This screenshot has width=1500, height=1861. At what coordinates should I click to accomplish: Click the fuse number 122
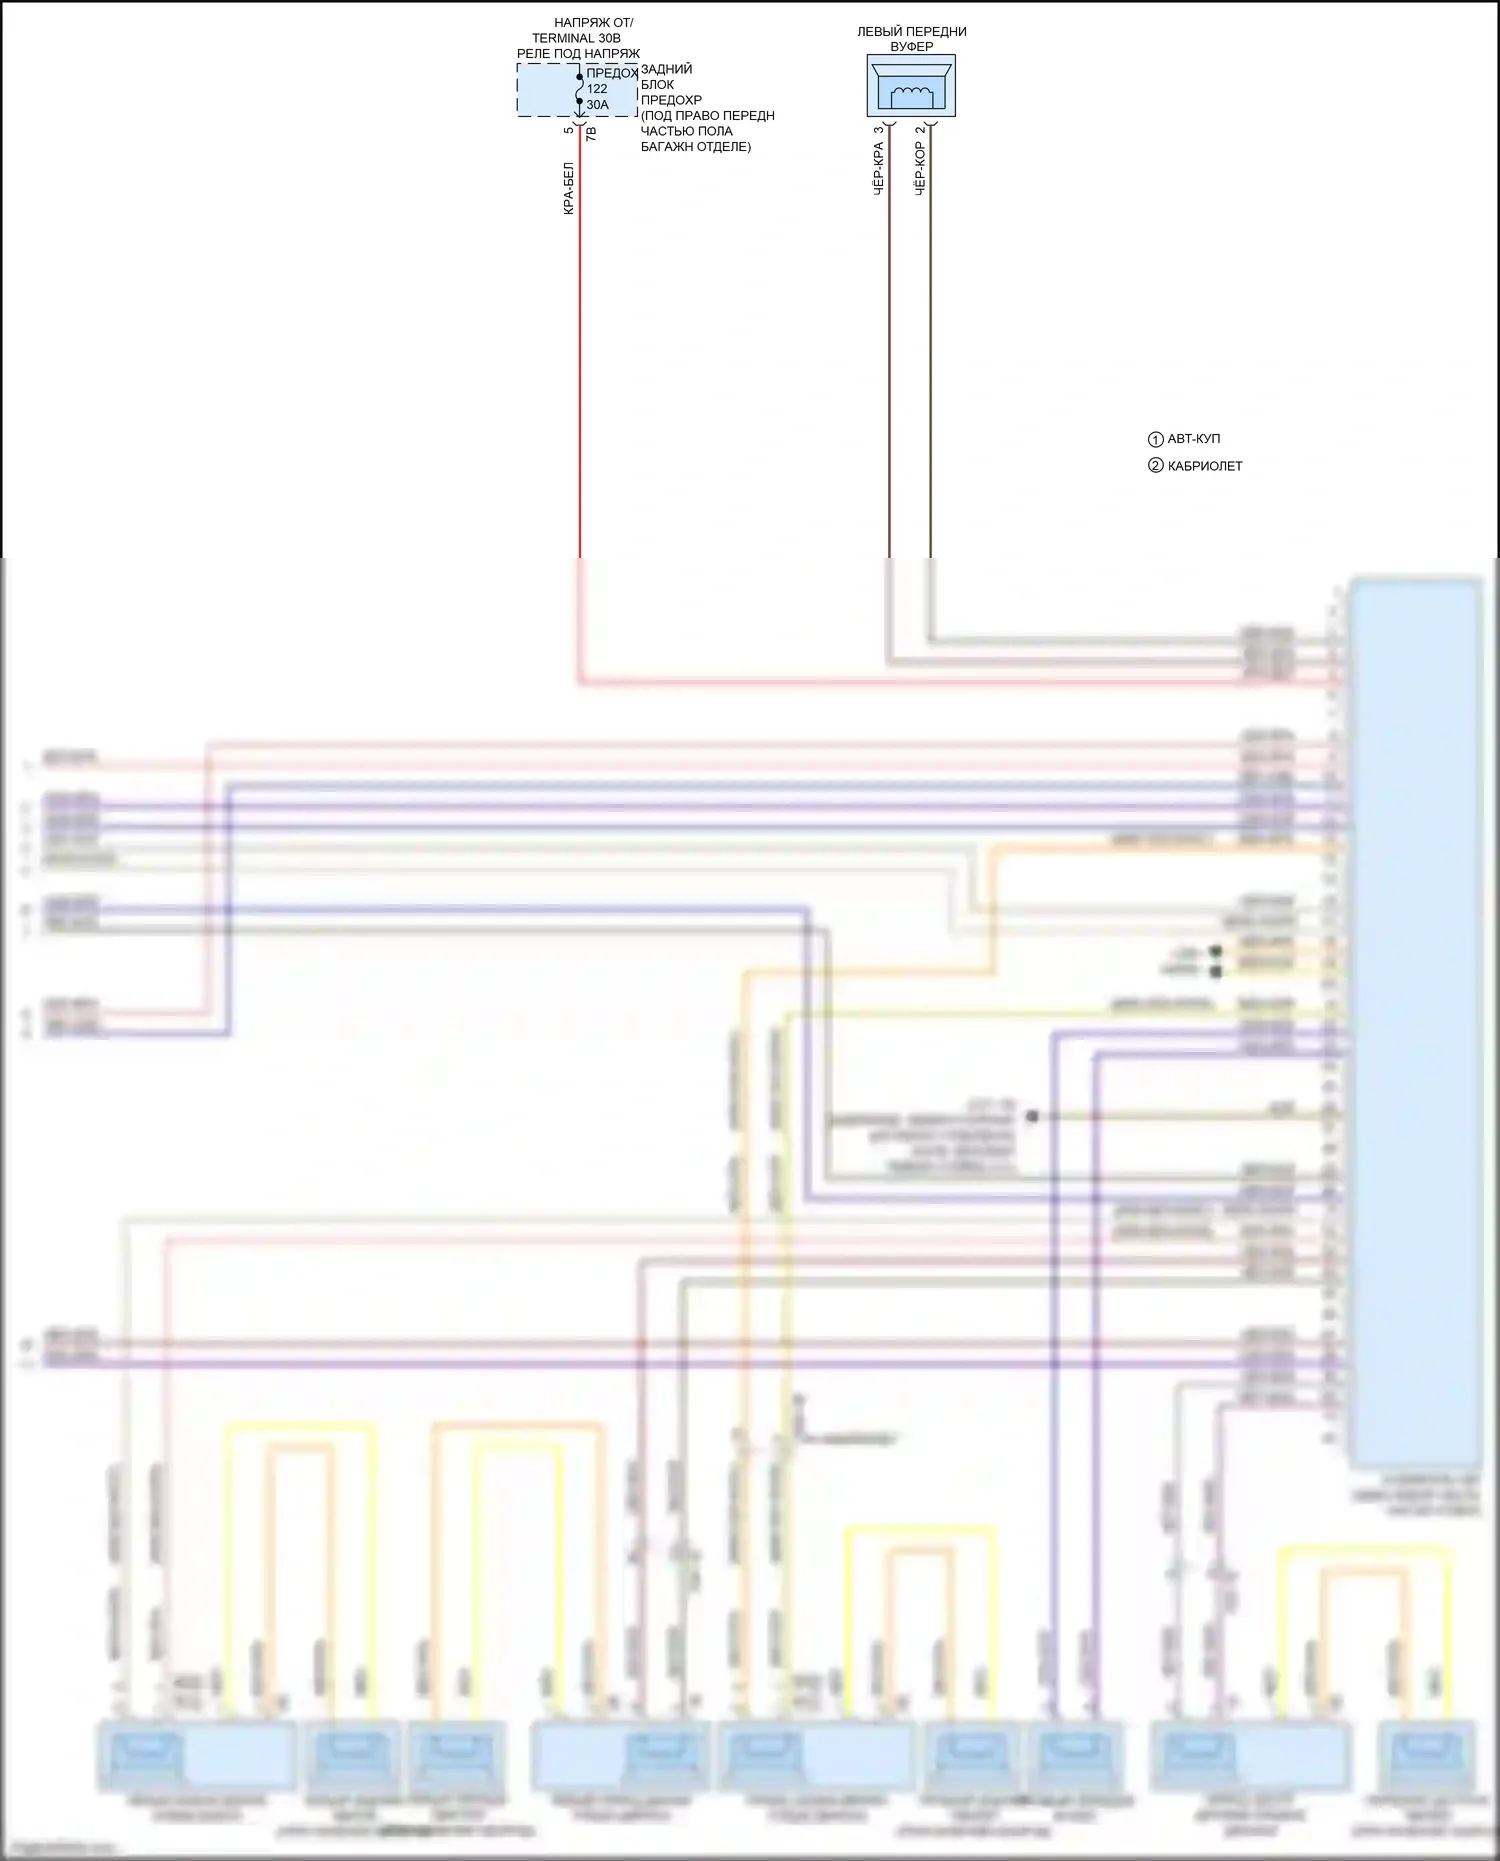pos(597,89)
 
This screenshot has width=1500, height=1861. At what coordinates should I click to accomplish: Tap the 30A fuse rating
pos(597,105)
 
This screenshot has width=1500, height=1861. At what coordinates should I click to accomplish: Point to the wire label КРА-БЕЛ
pos(569,189)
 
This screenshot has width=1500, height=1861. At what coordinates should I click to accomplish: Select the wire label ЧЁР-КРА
pos(879,168)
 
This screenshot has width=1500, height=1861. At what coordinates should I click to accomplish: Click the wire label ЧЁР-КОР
pos(920,168)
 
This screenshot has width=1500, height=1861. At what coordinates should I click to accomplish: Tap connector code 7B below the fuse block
pos(591,132)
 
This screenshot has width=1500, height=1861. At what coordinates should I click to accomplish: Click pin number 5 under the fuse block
pos(568,130)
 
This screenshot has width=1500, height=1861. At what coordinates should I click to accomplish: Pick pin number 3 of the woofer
pos(879,129)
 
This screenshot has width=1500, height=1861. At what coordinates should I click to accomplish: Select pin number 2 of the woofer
pos(920,129)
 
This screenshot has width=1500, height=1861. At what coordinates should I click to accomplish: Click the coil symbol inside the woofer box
pos(911,95)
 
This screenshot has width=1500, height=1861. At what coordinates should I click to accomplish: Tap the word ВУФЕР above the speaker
pos(911,47)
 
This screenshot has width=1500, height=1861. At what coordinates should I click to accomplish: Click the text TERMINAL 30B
pos(576,38)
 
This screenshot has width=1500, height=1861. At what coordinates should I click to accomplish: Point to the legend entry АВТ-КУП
pos(1194,439)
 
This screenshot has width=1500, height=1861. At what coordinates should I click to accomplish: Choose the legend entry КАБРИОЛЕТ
pos(1205,466)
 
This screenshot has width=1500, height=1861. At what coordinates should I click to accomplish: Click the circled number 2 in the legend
pos(1155,466)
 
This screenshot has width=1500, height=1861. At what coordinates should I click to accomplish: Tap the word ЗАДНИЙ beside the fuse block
pos(666,69)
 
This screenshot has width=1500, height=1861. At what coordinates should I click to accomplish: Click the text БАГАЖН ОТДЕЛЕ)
pos(696,147)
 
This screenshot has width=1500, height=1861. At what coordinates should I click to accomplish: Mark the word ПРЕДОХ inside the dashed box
pos(611,73)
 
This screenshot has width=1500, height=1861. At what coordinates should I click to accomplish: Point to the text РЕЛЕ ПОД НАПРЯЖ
pos(578,54)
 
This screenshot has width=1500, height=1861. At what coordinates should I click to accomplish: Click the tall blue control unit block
pos(1414,1020)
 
